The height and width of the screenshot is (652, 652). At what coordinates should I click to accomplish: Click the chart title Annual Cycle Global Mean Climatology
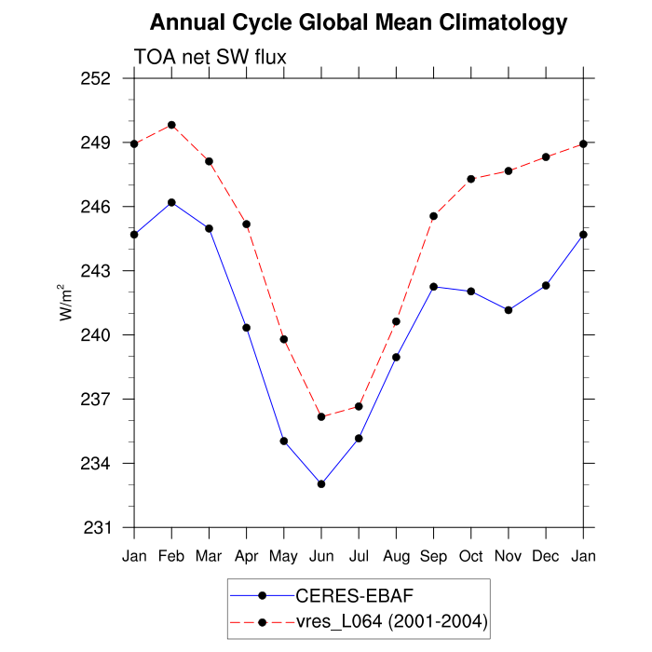point(359,21)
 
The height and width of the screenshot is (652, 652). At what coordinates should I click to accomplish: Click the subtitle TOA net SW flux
point(210,58)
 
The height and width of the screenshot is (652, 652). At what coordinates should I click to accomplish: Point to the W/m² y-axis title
point(66,303)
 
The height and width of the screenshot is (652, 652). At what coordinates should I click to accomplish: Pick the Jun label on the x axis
point(321,557)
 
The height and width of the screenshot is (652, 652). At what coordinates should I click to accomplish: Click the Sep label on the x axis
point(433,557)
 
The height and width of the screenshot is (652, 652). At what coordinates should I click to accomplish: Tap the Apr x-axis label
point(246,557)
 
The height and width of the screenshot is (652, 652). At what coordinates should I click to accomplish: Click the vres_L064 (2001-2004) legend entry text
point(390,620)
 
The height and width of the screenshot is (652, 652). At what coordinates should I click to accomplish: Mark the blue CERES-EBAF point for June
point(321,484)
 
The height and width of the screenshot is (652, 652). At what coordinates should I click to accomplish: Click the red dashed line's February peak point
point(171,125)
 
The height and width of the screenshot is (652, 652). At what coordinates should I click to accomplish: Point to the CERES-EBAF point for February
point(171,202)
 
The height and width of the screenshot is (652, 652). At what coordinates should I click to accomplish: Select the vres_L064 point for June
point(321,416)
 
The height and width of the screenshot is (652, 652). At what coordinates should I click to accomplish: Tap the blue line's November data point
point(509,310)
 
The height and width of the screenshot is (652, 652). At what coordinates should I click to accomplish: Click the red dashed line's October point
point(471,179)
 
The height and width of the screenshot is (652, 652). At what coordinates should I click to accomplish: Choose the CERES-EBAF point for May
point(284,441)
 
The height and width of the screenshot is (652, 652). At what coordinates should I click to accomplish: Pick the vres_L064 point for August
point(396,321)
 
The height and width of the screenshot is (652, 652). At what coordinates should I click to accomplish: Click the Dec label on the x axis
point(546,557)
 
